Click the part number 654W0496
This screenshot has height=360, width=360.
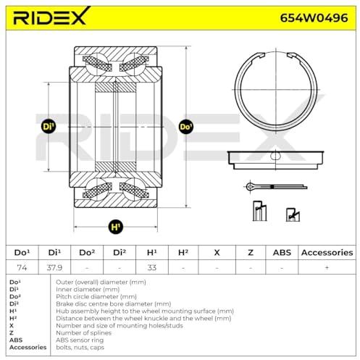[x=314, y=17]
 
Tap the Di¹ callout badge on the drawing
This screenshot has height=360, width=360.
[x=49, y=127]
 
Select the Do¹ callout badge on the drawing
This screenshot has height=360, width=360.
[x=186, y=127]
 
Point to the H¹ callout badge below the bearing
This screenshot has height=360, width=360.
[x=116, y=227]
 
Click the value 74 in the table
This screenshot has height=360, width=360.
[x=22, y=267]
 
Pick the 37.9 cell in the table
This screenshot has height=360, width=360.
[x=54, y=267]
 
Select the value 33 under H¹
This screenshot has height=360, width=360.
[x=152, y=267]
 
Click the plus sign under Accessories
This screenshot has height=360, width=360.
[x=327, y=267]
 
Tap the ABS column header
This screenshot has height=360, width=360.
[x=282, y=253]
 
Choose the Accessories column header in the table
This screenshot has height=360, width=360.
[x=327, y=253]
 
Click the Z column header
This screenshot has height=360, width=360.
[x=251, y=253]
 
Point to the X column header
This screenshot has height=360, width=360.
[x=217, y=253]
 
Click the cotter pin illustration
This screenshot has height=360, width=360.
[x=276, y=186]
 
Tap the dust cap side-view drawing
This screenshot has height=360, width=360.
[x=275, y=160]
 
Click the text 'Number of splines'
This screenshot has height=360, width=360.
[x=83, y=333]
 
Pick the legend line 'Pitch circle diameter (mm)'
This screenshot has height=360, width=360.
[x=96, y=296]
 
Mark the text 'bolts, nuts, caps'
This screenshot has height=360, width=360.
[x=80, y=348]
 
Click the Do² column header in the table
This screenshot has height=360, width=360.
[x=87, y=253]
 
